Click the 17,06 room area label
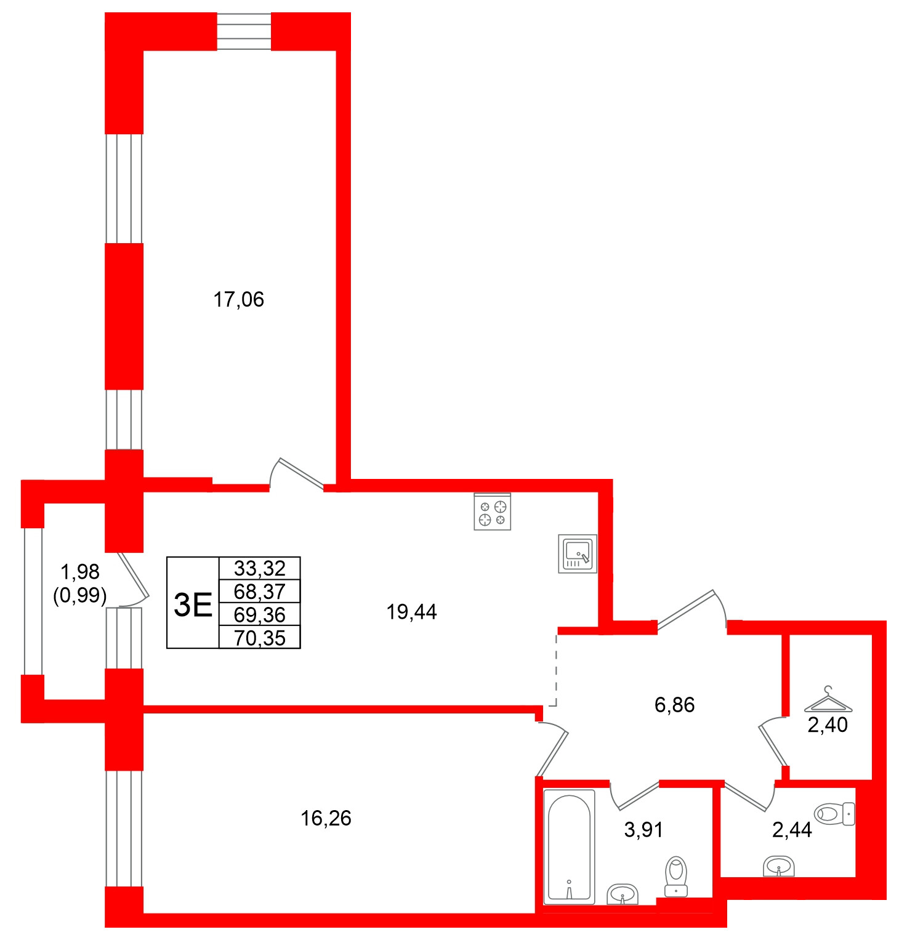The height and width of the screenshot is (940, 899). (x=238, y=300)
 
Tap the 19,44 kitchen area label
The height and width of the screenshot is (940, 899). (x=411, y=612)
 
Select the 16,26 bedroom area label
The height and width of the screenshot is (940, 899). (x=326, y=818)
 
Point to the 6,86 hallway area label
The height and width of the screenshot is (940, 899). (x=674, y=705)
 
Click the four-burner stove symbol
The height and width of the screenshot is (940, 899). (x=493, y=512)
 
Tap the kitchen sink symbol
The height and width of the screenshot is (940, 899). (x=578, y=553)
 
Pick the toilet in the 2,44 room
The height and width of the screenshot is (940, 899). (x=835, y=814)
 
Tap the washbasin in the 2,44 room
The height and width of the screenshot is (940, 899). (x=779, y=866)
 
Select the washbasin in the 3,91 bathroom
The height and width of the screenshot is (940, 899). (x=623, y=894)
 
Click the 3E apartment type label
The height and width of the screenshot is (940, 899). (x=193, y=604)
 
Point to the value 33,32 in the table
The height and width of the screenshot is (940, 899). (x=259, y=568)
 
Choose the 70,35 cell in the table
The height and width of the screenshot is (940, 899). (x=259, y=638)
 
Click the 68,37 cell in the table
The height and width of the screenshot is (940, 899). (x=259, y=592)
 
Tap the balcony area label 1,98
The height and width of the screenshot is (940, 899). (x=80, y=572)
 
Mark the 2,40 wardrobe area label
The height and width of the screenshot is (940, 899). (x=828, y=725)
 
